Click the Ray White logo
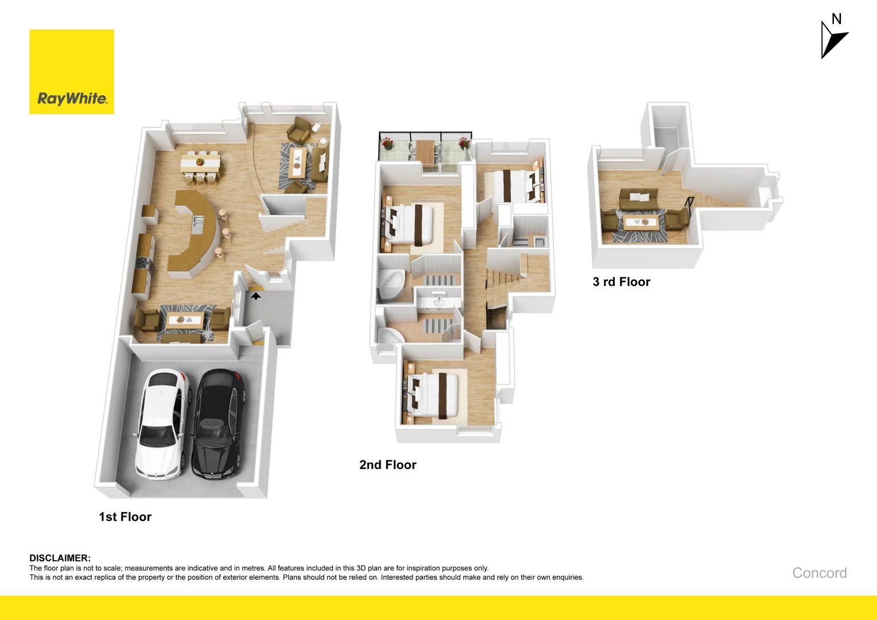[72, 72]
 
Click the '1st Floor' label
[125, 517]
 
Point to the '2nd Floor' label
[388, 465]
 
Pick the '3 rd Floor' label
[622, 282]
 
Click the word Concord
[819, 573]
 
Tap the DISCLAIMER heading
[60, 558]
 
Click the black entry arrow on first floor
[256, 296]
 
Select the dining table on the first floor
[200, 163]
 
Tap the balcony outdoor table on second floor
[426, 150]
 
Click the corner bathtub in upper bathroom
[390, 284]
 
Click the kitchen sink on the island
[198, 222]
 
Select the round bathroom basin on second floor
[438, 302]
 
